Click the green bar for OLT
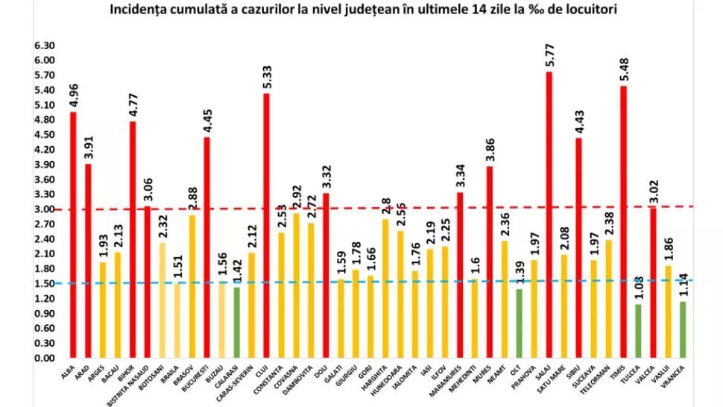point(519,324)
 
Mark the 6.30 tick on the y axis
point(45,45)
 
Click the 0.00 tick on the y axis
point(45,358)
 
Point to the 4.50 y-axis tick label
point(45,135)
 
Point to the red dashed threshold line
point(373,208)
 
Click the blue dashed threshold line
point(373,282)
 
